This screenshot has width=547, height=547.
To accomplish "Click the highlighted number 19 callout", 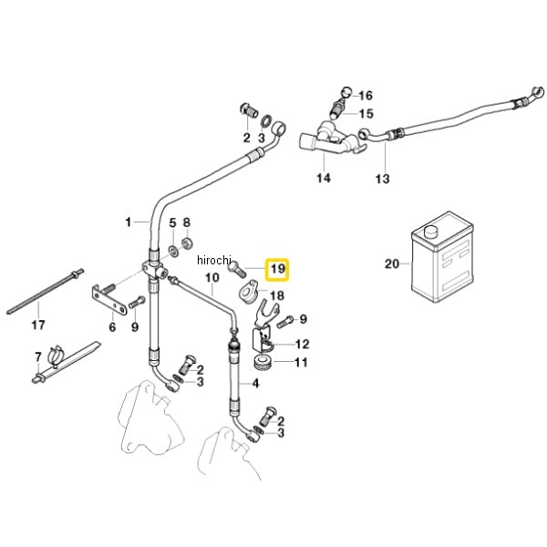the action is (x=277, y=269).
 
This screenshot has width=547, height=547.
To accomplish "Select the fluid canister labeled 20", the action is (x=442, y=256).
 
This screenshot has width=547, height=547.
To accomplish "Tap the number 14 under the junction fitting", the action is (x=324, y=178).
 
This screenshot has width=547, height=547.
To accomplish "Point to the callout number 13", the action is (x=382, y=179).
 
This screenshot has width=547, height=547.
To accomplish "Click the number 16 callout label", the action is (x=366, y=95).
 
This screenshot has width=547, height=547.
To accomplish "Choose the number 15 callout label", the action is (x=366, y=113).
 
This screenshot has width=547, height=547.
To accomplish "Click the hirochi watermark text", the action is (x=214, y=260).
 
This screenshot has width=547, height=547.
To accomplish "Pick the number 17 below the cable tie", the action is (x=38, y=325).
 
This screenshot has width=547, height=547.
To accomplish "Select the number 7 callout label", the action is (x=38, y=356).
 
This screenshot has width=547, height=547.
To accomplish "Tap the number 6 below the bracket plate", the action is (x=112, y=327).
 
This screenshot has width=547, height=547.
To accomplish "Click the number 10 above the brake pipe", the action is (x=212, y=278).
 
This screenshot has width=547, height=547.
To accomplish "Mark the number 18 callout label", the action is (x=277, y=295).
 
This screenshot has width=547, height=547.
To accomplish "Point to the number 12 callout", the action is (x=302, y=345).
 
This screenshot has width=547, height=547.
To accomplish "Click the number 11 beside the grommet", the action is (x=301, y=363).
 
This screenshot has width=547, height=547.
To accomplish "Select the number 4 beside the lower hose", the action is (x=255, y=384).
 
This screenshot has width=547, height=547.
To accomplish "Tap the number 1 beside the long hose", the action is (x=129, y=222).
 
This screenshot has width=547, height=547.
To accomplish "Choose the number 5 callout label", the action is (x=172, y=222).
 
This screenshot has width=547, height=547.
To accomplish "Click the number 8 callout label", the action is (x=187, y=222).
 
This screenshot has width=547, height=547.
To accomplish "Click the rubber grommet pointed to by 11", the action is (x=263, y=362).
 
